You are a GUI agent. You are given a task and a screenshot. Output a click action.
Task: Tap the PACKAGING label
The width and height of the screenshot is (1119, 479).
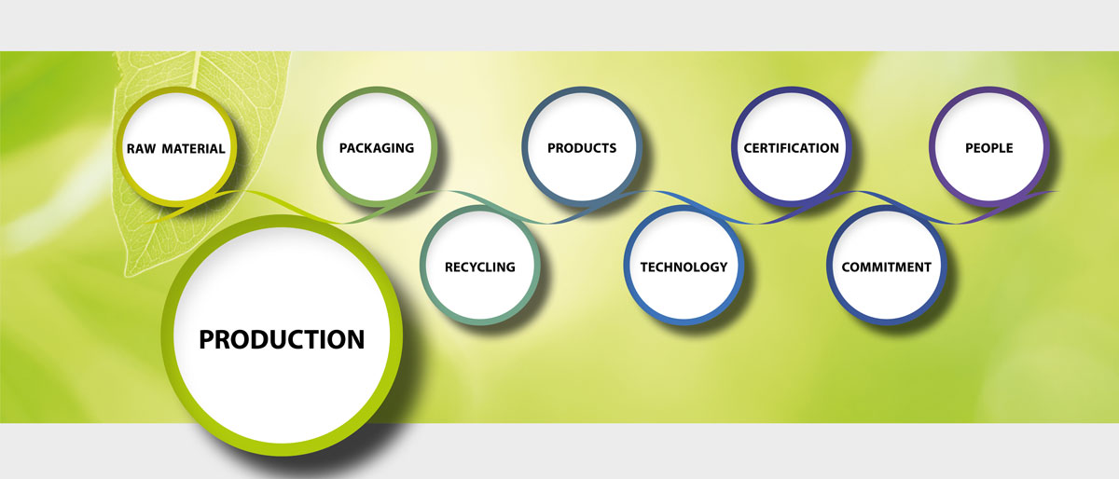coord(377,148)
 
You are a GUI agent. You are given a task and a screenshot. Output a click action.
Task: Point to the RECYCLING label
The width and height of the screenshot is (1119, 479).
coord(479,267)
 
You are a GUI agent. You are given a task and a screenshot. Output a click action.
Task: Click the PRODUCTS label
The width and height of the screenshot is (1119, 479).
coord(582,148)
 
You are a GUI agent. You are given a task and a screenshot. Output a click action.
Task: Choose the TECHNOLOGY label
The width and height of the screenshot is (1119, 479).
coord(684,267)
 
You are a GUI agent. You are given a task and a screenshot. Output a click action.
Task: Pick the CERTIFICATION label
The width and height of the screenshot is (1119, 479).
coord(791,148)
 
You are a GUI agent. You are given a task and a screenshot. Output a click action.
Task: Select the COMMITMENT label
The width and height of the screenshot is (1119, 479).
coord(886,267)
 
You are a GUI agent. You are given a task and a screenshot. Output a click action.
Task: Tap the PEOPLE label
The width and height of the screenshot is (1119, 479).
coord(989,148)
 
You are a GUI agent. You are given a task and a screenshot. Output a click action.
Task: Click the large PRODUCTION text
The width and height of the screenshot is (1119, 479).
coord(282,339)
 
